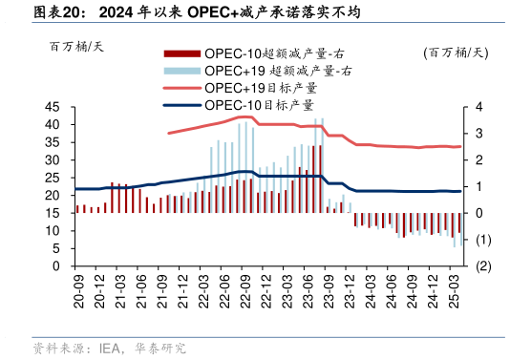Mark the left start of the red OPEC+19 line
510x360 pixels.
click(169, 133)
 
